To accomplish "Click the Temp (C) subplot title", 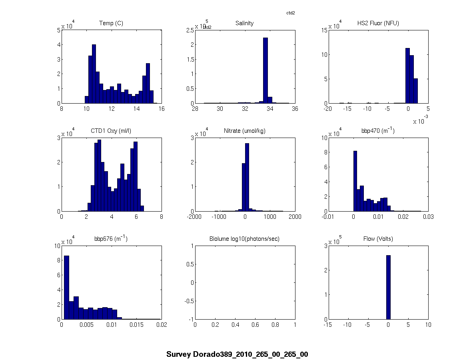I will tap(111, 23).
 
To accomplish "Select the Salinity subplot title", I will tap(244, 23).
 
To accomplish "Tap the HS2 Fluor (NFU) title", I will tap(378, 23).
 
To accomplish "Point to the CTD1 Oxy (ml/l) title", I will tap(111, 131).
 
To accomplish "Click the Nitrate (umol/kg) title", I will tap(244, 131).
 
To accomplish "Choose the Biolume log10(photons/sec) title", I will tap(244, 239).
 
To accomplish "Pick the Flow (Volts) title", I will tap(378, 239).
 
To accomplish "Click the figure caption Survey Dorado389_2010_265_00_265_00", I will tap(237, 354).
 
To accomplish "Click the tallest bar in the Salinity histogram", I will tap(265, 70).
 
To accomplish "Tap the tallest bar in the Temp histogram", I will tap(94, 74).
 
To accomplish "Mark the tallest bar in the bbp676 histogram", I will tap(66, 287).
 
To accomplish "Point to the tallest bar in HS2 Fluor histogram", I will tap(407, 76).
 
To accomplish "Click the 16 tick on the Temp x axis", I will tap(162, 108).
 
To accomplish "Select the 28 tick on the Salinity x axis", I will tap(195, 108).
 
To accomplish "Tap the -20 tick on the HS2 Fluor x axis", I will tap(328, 108).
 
